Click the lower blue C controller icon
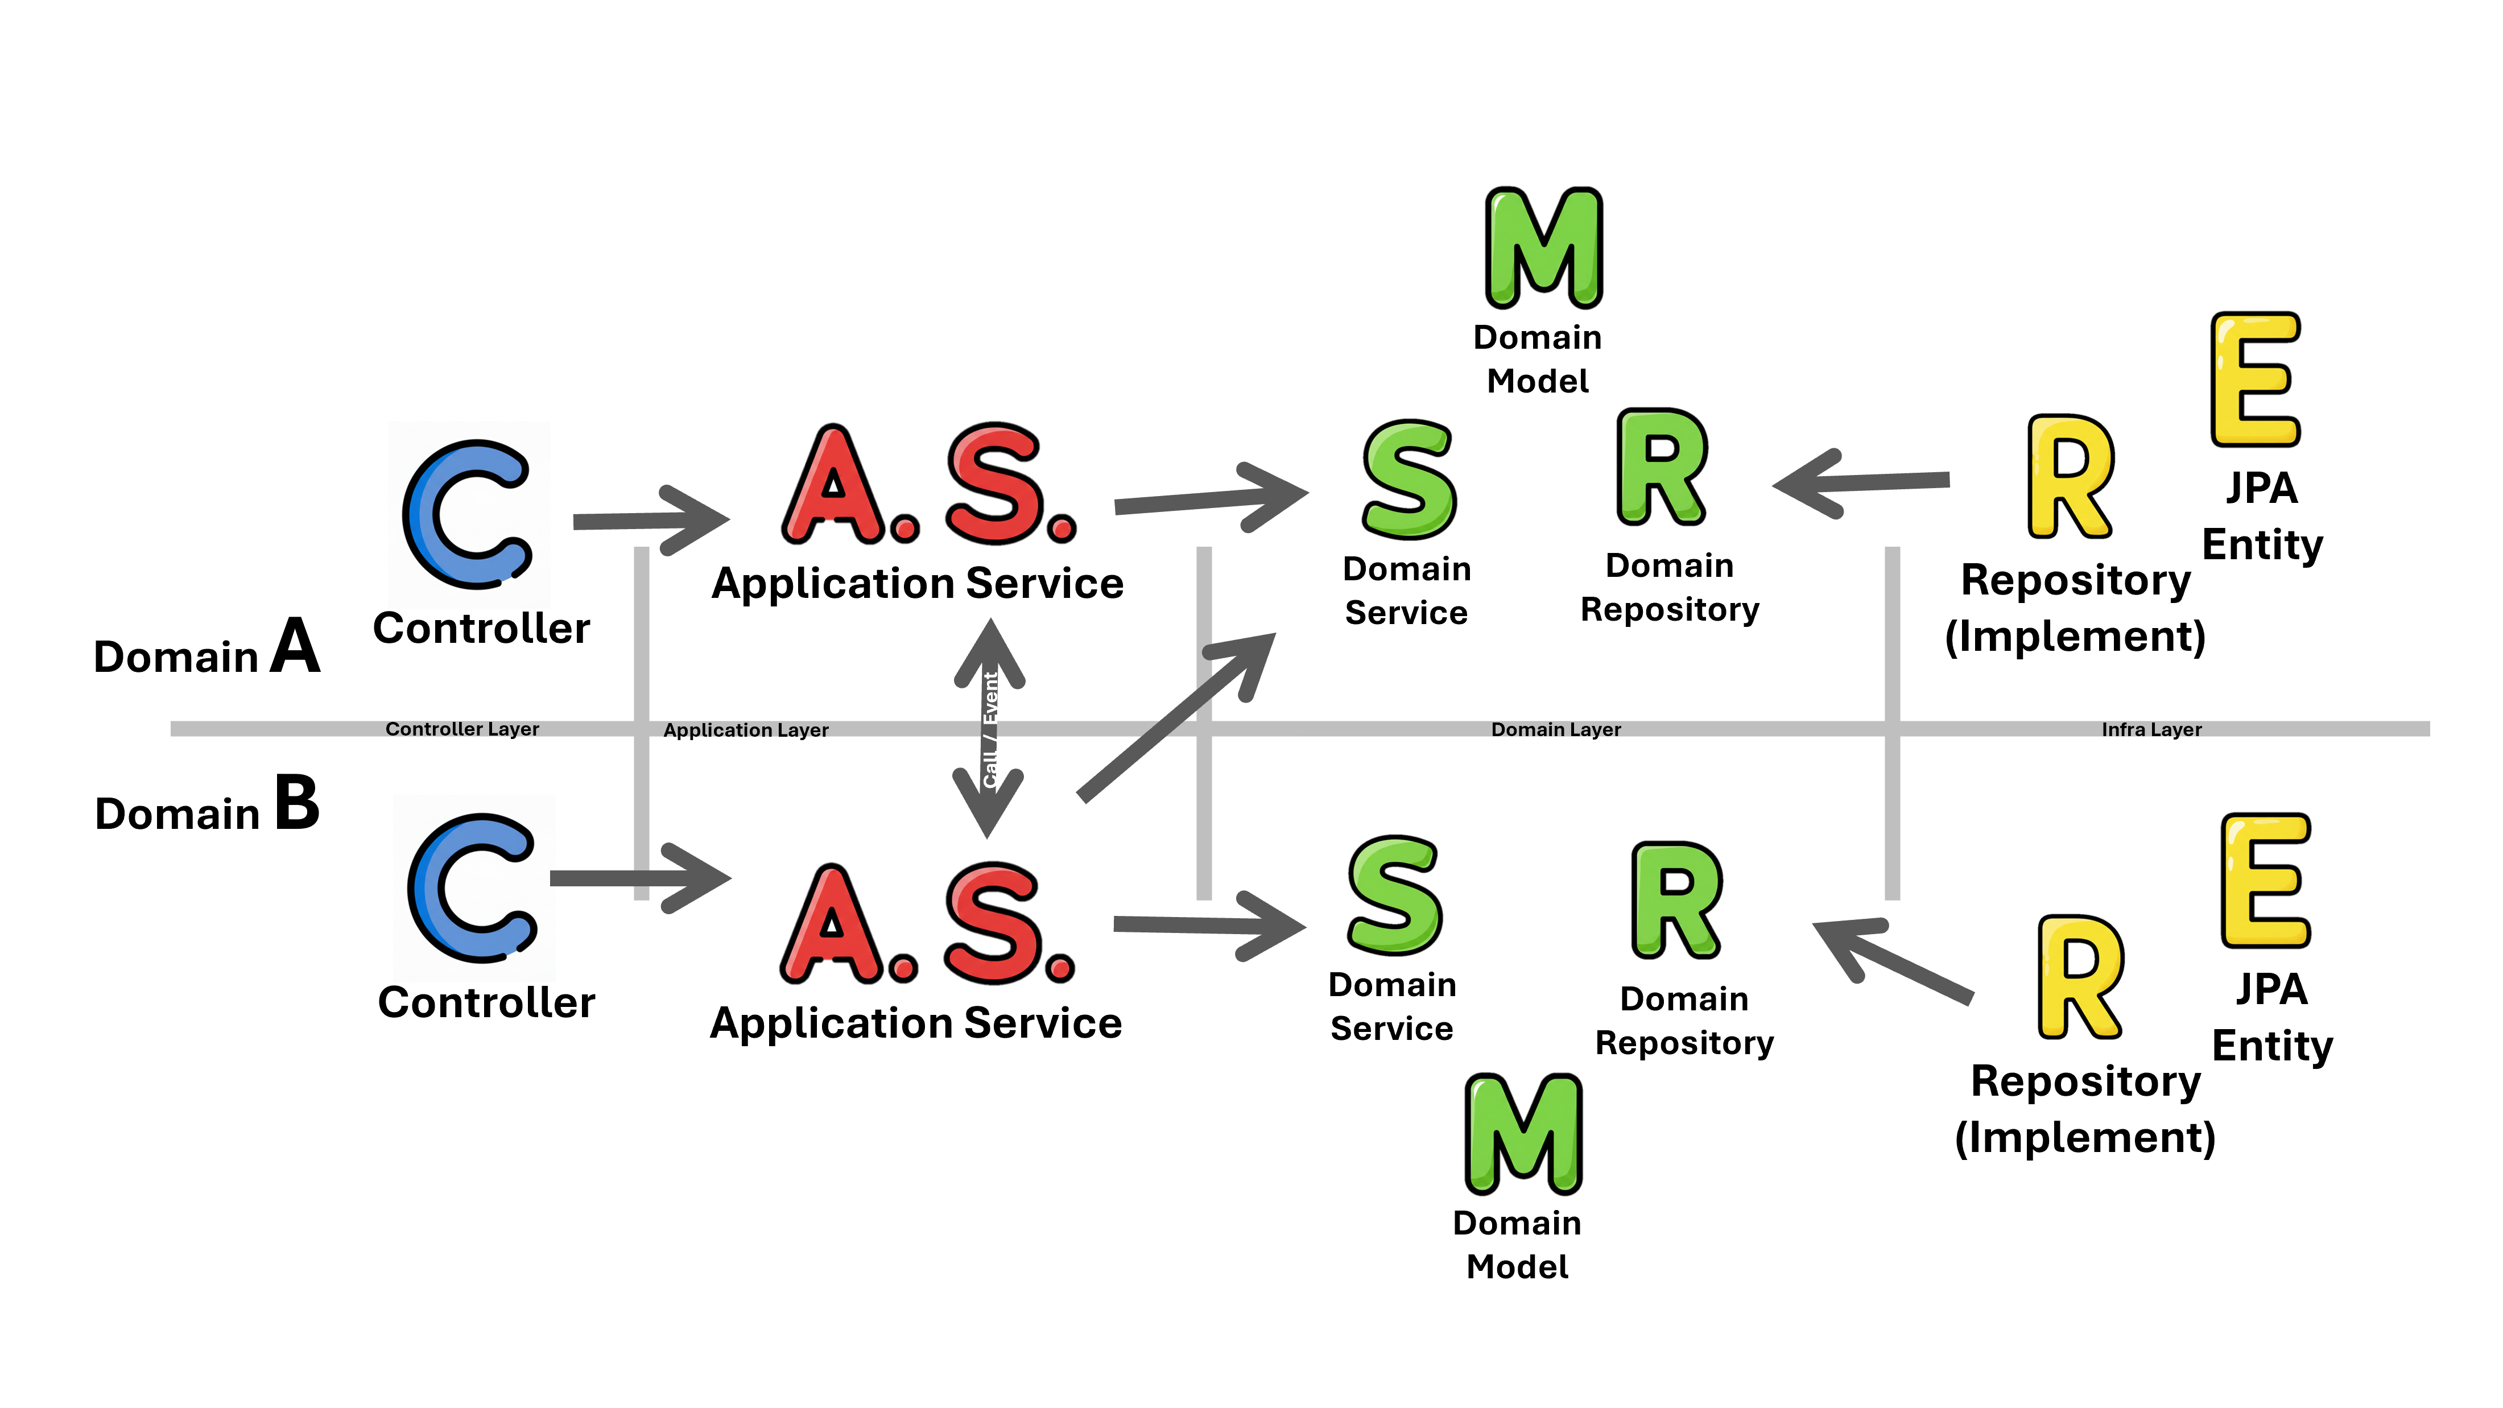pyautogui.click(x=474, y=888)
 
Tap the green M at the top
pyautogui.click(x=1544, y=248)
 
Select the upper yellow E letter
pyautogui.click(x=2255, y=380)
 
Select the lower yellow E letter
pyautogui.click(x=2265, y=881)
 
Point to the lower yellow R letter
pyautogui.click(x=2079, y=977)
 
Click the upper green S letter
pyautogui.click(x=1409, y=480)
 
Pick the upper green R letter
pyautogui.click(x=1662, y=468)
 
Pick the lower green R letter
pyautogui.click(x=1676, y=900)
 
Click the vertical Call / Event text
pyautogui.click(x=990, y=729)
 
